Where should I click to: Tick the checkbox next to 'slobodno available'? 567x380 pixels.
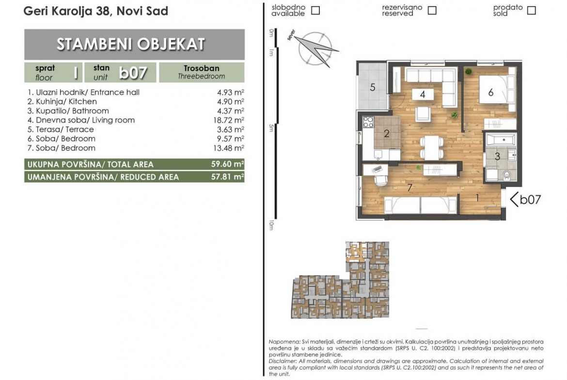point(315,11)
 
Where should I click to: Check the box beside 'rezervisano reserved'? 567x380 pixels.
point(432,11)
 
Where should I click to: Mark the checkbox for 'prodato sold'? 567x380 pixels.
point(531,11)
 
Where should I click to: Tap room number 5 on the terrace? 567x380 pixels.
point(373,87)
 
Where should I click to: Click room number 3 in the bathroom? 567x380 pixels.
point(497,156)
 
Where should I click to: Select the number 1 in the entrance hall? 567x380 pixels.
point(477,198)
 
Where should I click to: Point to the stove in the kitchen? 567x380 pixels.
point(368,122)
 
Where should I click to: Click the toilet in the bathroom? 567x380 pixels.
point(506,175)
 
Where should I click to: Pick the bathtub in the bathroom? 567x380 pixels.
point(501,139)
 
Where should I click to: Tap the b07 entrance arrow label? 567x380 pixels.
point(525,199)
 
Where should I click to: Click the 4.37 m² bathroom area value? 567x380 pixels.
point(230,111)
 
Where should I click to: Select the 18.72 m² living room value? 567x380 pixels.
point(229,120)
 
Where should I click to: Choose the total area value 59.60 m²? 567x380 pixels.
point(227,164)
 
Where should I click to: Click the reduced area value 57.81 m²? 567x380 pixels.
point(227,177)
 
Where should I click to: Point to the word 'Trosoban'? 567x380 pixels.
point(202,68)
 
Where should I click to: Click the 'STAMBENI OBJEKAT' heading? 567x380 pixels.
point(131,45)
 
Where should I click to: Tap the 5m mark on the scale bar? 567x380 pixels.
point(271,128)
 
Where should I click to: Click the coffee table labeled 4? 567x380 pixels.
point(423,94)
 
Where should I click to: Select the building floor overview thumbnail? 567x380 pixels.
point(340,280)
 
